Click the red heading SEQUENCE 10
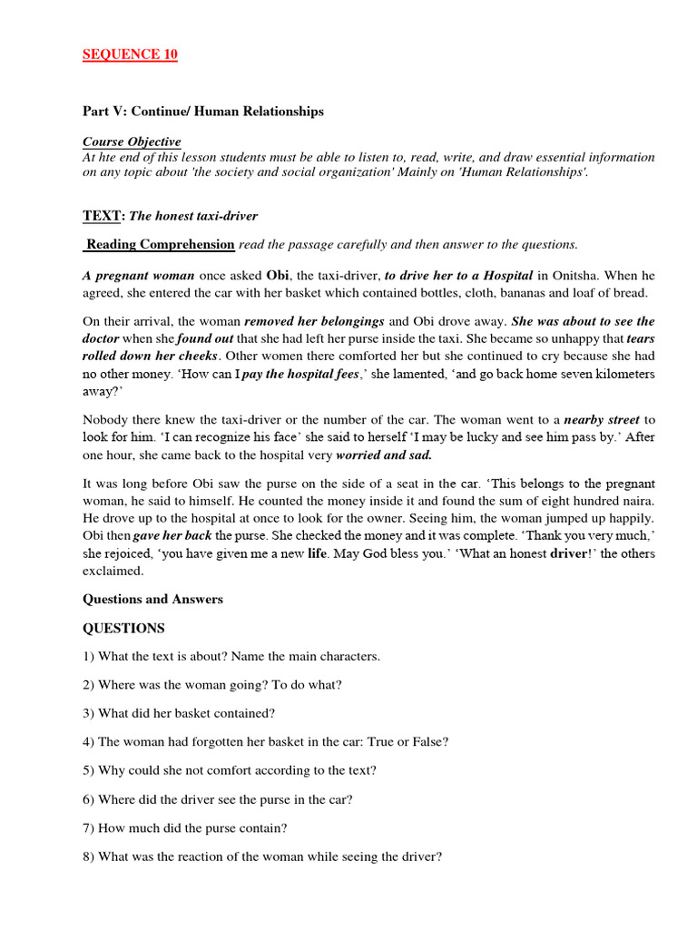point(130,54)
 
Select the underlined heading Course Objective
point(132,142)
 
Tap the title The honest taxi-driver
point(193,216)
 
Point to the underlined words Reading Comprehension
point(161,244)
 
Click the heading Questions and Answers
point(152,599)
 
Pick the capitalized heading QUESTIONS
point(123,628)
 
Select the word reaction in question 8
point(188,855)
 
